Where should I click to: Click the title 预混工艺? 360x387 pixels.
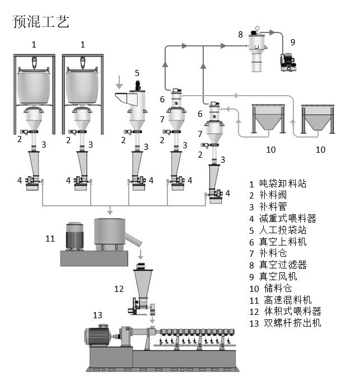pyautogui.click(x=41, y=22)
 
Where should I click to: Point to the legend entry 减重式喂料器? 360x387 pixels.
pyautogui.click(x=287, y=219)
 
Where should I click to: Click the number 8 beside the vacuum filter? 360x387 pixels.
pyautogui.click(x=240, y=35)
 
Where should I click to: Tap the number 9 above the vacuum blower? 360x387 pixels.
pyautogui.click(x=292, y=41)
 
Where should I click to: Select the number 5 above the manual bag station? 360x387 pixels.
pyautogui.click(x=137, y=73)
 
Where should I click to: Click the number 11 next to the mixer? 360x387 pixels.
pyautogui.click(x=50, y=239)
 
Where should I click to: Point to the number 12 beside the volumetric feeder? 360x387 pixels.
pyautogui.click(x=118, y=289)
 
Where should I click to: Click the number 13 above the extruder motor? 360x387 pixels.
pyautogui.click(x=97, y=315)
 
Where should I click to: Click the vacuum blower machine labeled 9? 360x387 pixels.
pyautogui.click(x=289, y=61)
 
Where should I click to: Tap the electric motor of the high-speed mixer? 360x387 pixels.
pyautogui.click(x=74, y=237)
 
